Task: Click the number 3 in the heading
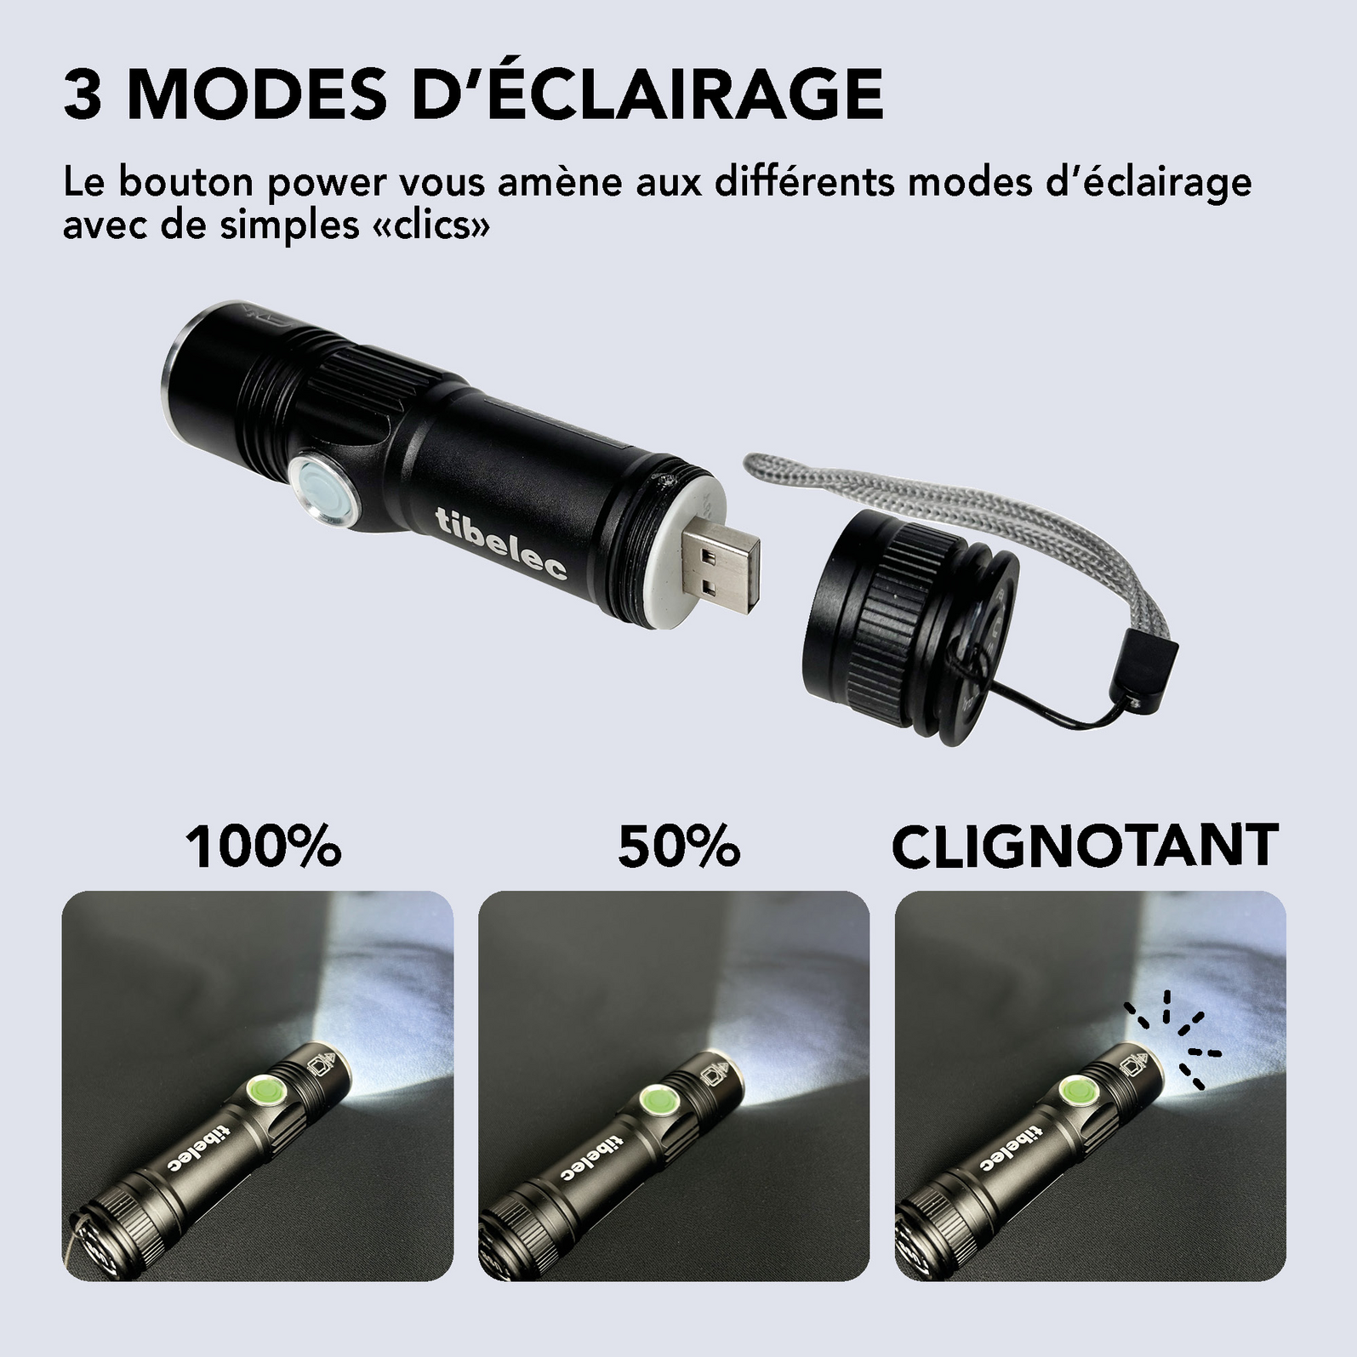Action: [83, 95]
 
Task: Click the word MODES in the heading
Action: [255, 95]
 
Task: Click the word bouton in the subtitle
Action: [185, 183]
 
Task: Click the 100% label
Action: [264, 847]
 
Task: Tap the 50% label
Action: [679, 847]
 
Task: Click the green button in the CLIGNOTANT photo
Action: [1075, 1092]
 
